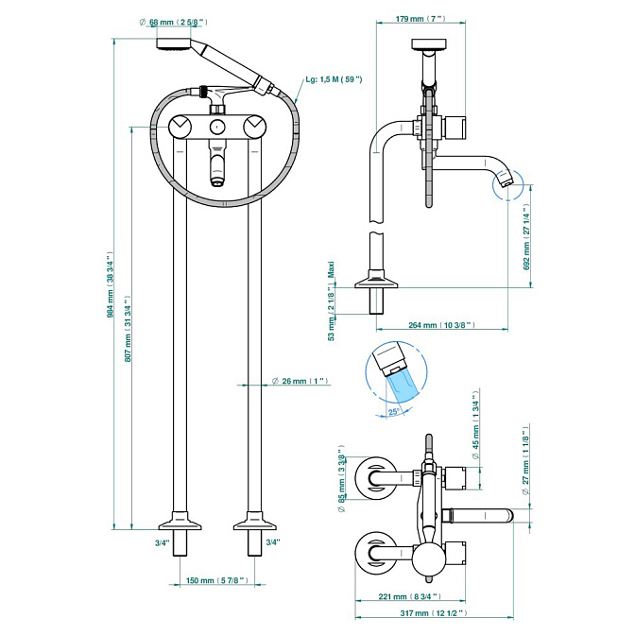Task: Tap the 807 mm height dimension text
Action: pyautogui.click(x=128, y=329)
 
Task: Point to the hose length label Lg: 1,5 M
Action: pyautogui.click(x=334, y=79)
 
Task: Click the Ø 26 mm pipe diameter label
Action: pyautogui.click(x=300, y=381)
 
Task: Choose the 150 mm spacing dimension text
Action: pyautogui.click(x=216, y=580)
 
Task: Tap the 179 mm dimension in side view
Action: pyautogui.click(x=420, y=19)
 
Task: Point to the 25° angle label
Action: pyautogui.click(x=394, y=412)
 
